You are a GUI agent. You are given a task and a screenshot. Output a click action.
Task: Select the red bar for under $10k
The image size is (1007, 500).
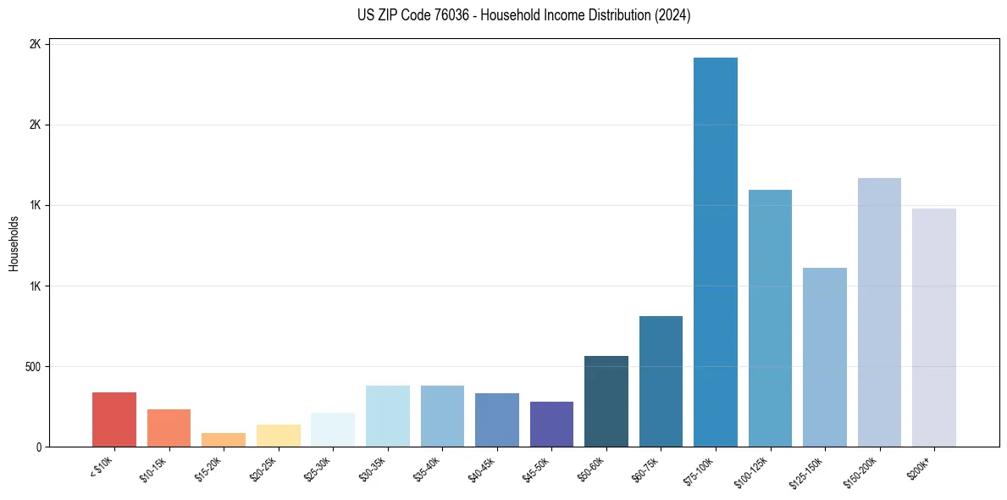tap(114, 419)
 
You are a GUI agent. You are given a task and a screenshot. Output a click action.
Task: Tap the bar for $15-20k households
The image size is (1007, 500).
tap(224, 440)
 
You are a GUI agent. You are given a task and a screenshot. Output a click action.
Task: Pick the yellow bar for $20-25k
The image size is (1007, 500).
tap(278, 436)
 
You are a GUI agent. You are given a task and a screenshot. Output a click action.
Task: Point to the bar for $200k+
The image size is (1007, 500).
tap(933, 327)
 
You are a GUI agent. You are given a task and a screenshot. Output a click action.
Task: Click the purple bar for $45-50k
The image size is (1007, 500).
tap(551, 424)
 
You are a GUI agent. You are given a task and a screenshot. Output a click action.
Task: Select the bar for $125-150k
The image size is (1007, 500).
tap(824, 357)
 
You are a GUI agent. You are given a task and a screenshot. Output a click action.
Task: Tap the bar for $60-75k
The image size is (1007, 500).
tap(661, 381)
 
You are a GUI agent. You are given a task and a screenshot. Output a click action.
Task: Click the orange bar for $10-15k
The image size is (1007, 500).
tap(169, 428)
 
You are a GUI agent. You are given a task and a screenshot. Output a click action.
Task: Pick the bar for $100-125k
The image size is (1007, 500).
tap(770, 318)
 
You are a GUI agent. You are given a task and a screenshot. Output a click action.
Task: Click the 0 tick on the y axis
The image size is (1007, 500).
tap(38, 447)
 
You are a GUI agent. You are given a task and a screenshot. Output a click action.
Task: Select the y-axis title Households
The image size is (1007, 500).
tap(14, 243)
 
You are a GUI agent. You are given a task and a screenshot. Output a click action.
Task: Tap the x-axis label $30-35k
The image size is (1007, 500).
tap(373, 469)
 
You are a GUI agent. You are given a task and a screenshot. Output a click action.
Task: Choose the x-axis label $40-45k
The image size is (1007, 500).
tap(482, 469)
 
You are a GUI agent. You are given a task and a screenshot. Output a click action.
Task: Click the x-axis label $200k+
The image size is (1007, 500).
tap(921, 466)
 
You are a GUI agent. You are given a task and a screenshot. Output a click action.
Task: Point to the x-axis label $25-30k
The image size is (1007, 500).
tap(318, 469)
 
